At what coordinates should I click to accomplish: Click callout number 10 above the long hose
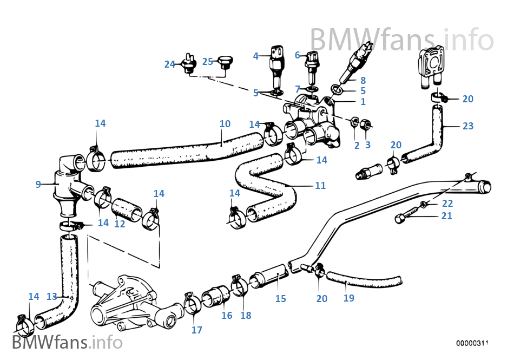point(225,124)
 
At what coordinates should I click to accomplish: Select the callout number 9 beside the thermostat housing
point(38,184)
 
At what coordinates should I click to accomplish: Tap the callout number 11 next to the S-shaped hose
point(320,185)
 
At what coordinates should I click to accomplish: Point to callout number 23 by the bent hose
point(468,126)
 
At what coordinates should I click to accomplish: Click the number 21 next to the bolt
point(447,216)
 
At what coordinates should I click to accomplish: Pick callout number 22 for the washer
point(447,204)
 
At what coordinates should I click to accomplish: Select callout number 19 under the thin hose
point(349,298)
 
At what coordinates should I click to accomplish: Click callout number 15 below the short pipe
point(280,298)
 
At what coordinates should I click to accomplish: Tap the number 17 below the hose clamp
point(197,330)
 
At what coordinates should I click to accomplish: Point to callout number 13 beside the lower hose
point(51,296)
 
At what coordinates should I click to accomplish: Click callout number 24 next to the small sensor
point(170,64)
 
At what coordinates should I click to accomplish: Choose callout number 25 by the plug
point(208,61)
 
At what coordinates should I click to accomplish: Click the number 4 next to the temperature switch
point(256,55)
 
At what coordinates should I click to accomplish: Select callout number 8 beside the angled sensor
point(363,80)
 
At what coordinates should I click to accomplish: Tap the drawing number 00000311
point(472,343)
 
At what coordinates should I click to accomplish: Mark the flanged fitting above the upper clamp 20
point(430,68)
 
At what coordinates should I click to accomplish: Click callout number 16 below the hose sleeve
point(227,315)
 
